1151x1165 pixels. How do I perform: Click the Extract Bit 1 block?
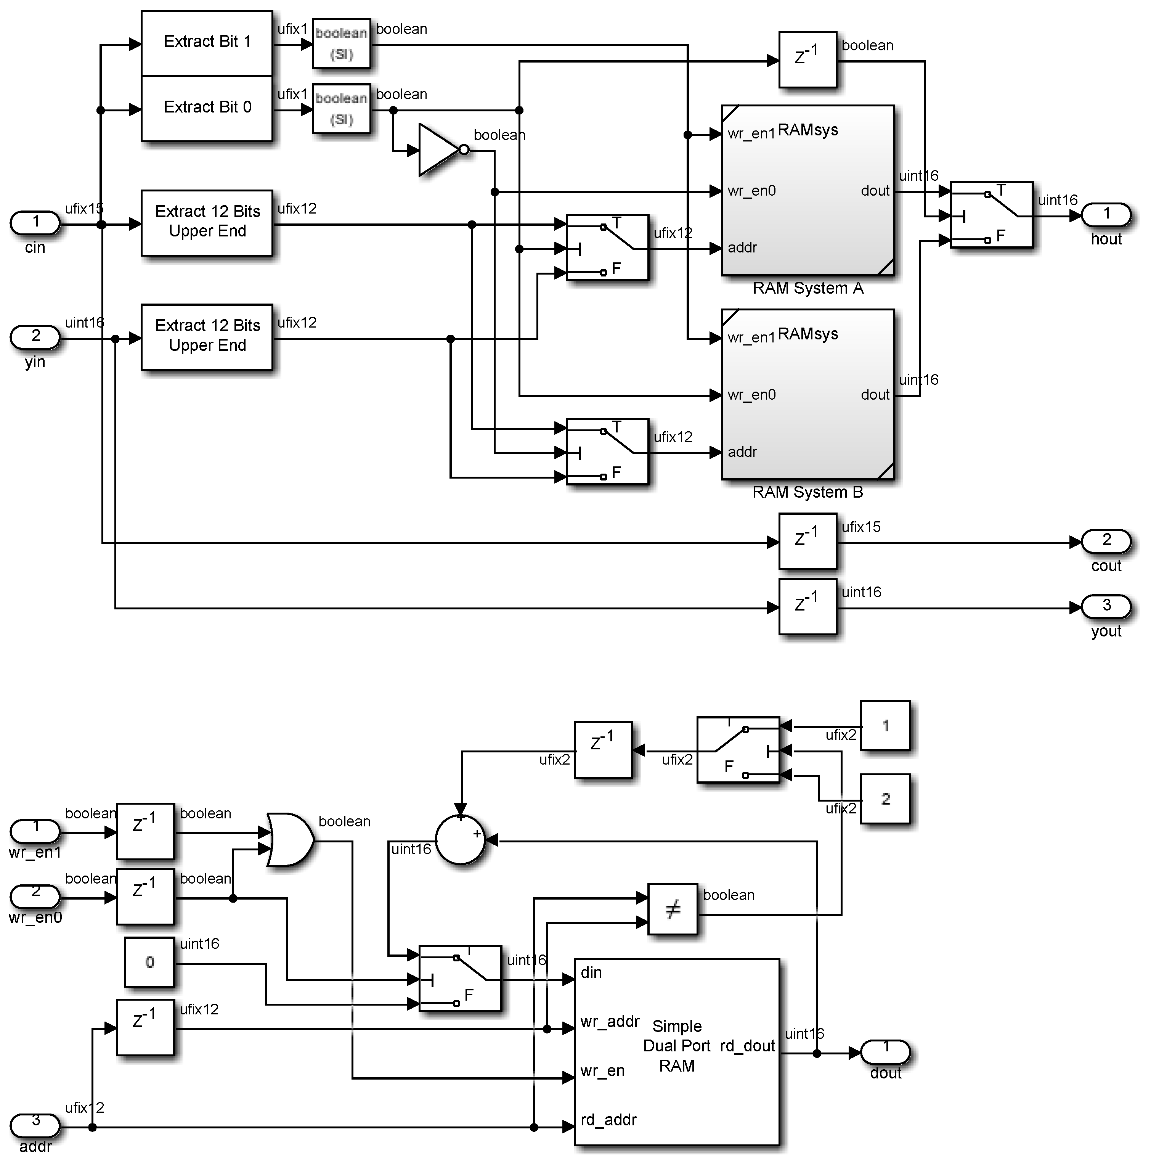pos(206,42)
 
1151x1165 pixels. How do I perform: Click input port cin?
pos(35,222)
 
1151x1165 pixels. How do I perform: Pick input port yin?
pos(35,336)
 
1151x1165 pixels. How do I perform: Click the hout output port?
pos(1106,214)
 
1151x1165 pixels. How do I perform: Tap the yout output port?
pos(1106,606)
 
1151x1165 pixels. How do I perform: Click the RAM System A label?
pos(807,288)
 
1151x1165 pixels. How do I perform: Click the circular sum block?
pos(460,840)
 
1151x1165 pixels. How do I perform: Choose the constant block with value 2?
pos(885,799)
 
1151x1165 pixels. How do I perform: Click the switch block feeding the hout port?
pos(990,215)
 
